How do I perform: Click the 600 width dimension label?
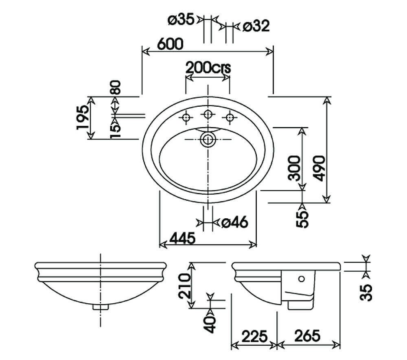170,44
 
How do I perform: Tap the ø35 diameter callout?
181,20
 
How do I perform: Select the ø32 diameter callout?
256,26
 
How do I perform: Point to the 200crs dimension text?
208,68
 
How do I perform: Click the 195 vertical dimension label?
83,117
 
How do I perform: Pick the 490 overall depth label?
319,168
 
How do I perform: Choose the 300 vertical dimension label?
294,168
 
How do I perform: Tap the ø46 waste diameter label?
235,222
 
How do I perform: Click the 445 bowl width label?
182,238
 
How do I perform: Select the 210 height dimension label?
185,286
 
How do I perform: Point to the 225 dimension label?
254,336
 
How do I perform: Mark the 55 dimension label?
302,219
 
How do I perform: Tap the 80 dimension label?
115,87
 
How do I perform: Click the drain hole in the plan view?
208,140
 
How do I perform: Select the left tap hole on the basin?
186,118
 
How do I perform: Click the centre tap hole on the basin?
208,114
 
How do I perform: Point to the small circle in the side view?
301,279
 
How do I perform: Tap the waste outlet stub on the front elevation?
101,307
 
